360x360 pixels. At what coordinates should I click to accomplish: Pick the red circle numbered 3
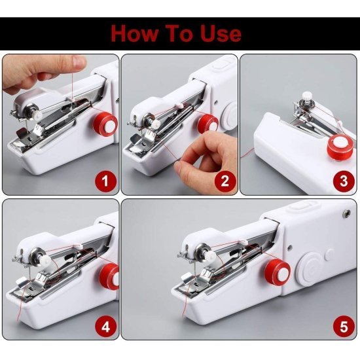point(342,179)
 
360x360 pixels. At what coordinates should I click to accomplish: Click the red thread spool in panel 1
point(103,124)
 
